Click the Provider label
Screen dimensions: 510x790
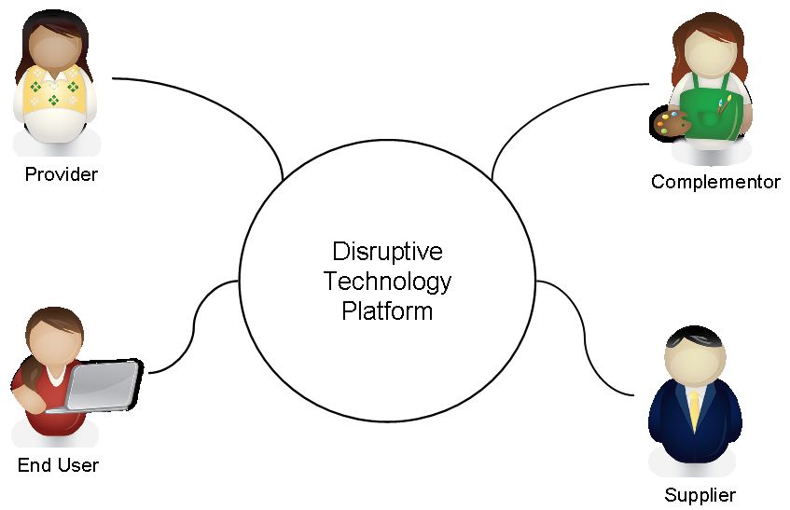tap(61, 174)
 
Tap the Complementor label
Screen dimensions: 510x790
tap(715, 182)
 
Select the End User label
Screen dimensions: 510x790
tap(58, 464)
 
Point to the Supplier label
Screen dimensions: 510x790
tap(700, 495)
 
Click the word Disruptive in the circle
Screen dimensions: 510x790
tap(387, 252)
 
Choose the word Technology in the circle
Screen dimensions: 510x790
tap(387, 281)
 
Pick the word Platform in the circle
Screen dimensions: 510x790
tap(387, 310)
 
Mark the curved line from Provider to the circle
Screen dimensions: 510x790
tap(224, 103)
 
